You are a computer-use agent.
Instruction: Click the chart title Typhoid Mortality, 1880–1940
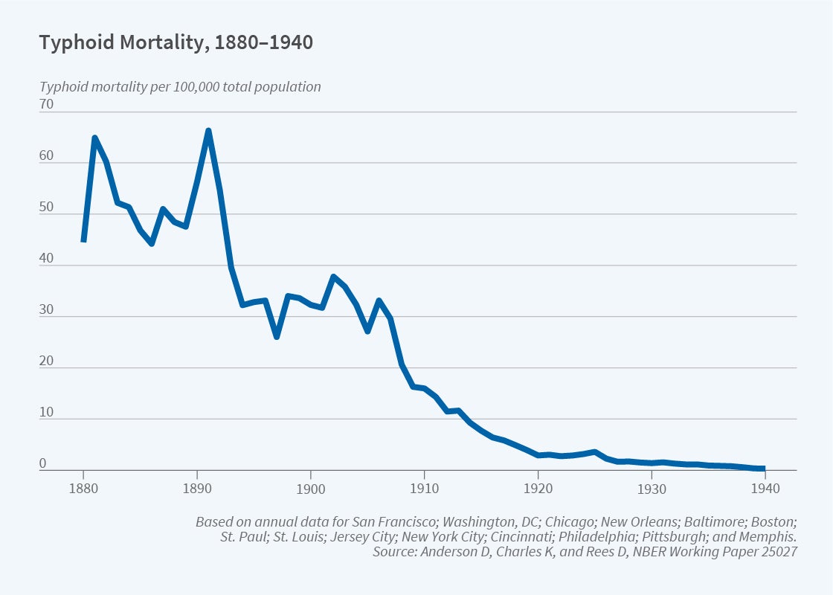coord(176,43)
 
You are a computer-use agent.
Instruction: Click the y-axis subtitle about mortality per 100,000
coord(180,86)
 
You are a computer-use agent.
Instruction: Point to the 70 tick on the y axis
coord(46,104)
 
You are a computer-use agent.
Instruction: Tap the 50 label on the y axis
coord(46,207)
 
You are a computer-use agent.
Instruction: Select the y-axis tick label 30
coord(46,309)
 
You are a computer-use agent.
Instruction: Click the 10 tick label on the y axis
coord(46,412)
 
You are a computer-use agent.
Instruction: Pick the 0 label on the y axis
coord(43,463)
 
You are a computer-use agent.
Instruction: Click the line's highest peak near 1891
coord(208,131)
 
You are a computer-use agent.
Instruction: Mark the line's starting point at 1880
coord(83,240)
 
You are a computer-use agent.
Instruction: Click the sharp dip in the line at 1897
coord(277,336)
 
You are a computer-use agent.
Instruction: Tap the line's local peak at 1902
coord(334,277)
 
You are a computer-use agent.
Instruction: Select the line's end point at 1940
coord(763,468)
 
